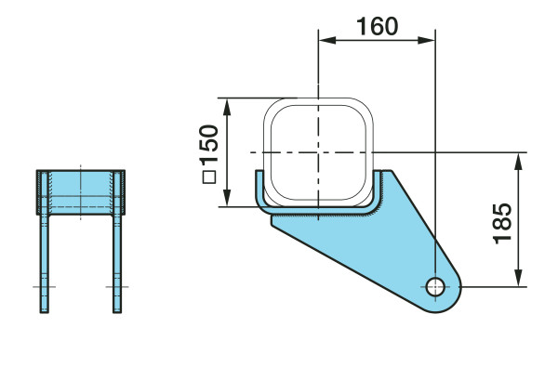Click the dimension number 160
pos(378,26)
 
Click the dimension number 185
pos(502,224)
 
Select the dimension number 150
pos(209,144)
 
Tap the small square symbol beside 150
pos(209,177)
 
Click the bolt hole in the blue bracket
pos(435,286)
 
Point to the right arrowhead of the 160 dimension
pos(426,40)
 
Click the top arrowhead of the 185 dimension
pos(519,161)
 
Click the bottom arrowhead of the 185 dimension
pos(519,278)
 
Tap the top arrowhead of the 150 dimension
pos(227,107)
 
